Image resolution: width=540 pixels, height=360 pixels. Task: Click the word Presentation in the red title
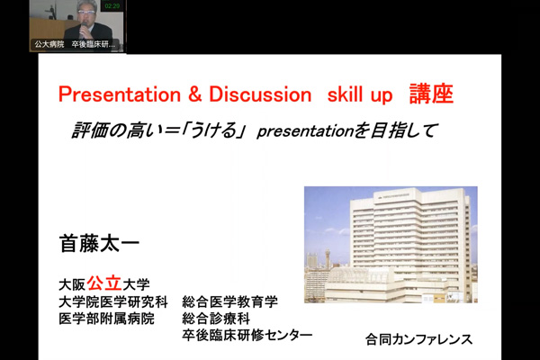click(x=120, y=94)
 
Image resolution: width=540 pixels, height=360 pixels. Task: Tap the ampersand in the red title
click(x=195, y=94)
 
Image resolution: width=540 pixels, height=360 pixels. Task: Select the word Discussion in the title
click(x=260, y=94)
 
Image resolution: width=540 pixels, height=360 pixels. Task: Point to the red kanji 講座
click(x=431, y=94)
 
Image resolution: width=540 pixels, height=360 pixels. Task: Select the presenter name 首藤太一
click(x=99, y=244)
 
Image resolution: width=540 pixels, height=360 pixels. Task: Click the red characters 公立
click(x=104, y=283)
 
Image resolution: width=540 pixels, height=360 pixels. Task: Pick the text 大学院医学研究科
click(x=113, y=302)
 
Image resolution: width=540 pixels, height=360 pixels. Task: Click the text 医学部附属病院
click(x=106, y=319)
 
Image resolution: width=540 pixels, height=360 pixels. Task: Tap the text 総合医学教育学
click(x=230, y=302)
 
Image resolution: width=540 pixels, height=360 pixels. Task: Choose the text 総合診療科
click(x=216, y=319)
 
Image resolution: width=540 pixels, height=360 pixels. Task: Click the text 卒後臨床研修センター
click(x=247, y=335)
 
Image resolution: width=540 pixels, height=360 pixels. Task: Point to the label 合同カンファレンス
click(x=418, y=339)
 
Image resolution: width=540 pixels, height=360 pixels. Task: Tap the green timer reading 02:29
click(x=112, y=6)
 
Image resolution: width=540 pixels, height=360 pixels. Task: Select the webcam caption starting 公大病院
click(x=75, y=44)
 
